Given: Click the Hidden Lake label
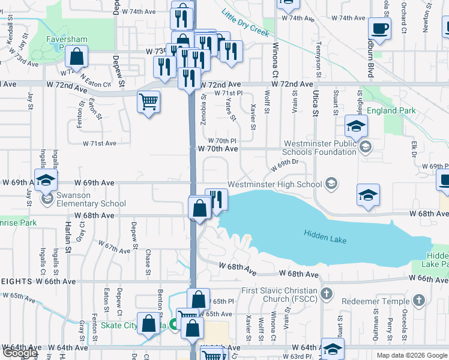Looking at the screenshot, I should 325,238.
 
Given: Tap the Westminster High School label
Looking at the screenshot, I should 274,184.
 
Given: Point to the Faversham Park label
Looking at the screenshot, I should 67,44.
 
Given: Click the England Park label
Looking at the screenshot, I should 390,111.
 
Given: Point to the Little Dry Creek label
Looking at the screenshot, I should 245,22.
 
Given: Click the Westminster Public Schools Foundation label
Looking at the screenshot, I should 319,148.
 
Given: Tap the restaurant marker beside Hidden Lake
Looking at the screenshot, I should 216,199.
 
